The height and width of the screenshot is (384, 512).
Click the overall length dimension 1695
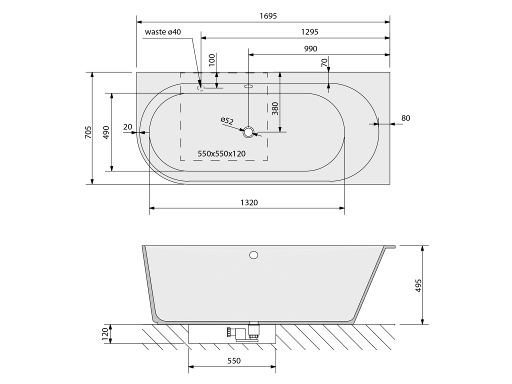268,15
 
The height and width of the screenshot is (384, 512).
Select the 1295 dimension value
309,31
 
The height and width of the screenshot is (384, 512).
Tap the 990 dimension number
310,48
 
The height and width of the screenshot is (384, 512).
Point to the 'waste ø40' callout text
162,31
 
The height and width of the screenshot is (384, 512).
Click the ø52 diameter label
227,120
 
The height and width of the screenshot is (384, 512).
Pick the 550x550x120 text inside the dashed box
221,153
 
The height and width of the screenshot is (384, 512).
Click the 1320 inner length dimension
249,202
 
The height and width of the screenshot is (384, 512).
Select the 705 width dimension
88,132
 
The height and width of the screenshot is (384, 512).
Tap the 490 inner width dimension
106,132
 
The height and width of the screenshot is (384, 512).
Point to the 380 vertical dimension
275,108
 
